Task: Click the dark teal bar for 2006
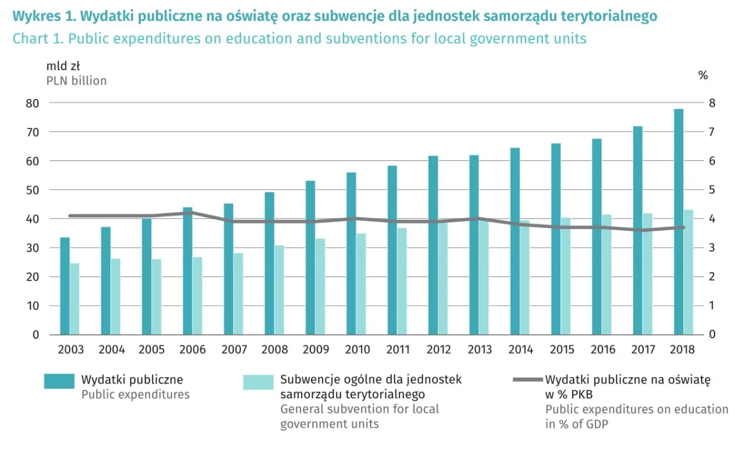pos(187,271)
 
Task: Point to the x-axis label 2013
pos(479,350)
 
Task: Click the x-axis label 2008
pos(275,350)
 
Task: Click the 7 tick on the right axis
pos(712,132)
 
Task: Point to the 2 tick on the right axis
pos(712,277)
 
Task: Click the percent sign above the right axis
pos(703,75)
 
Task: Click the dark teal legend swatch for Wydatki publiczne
pos(59,381)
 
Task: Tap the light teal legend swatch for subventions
pos(258,382)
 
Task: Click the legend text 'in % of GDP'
pos(577,424)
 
